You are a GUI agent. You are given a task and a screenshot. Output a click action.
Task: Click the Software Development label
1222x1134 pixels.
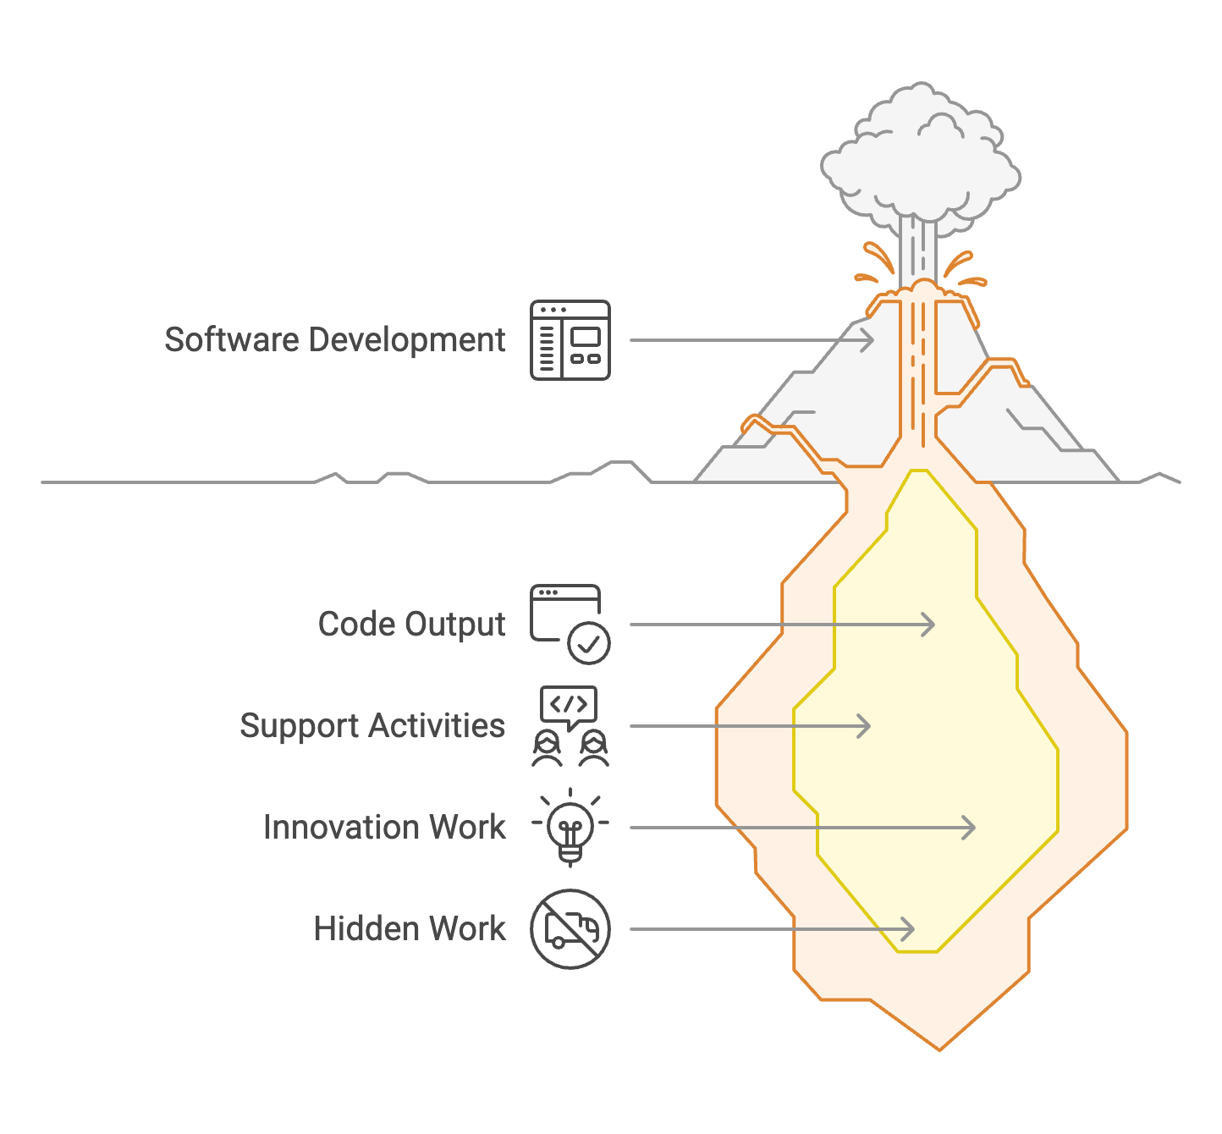point(334,340)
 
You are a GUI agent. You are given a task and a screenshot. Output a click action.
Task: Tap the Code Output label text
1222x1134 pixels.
point(411,625)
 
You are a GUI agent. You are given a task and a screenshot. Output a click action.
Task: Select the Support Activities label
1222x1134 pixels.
point(372,726)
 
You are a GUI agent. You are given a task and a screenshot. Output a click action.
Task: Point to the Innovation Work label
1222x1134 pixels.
point(384,827)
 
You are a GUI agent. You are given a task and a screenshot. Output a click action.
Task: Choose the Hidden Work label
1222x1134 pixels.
point(410,928)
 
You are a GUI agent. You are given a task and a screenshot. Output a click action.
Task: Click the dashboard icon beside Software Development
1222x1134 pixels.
point(570,340)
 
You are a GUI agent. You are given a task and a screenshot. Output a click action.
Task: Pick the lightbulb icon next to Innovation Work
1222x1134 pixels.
point(570,827)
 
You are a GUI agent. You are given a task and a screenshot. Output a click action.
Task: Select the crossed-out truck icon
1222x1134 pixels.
point(570,928)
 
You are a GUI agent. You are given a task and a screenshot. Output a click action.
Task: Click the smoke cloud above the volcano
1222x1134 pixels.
point(921,161)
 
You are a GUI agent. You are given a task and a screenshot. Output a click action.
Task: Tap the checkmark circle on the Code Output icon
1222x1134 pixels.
point(589,643)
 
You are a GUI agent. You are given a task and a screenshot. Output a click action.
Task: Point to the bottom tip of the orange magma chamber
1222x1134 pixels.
point(939,1048)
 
